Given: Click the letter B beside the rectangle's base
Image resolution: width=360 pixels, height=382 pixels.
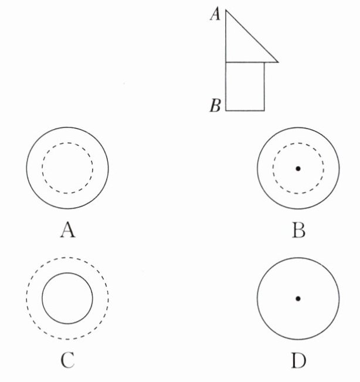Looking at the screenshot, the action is click(215, 106).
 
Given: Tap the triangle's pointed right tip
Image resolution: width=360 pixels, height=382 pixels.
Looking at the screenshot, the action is click(277, 61).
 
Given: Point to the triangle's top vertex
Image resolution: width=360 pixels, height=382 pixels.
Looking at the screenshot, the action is click(226, 9).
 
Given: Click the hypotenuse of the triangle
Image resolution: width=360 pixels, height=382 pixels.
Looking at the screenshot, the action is click(252, 35).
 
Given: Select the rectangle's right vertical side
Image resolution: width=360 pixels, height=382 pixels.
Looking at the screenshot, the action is click(264, 86).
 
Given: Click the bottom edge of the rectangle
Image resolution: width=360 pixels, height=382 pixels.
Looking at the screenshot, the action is click(245, 110).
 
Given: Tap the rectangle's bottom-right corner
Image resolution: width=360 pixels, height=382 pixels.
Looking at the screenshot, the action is click(264, 110).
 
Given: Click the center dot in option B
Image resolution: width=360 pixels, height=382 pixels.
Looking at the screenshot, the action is click(298, 169).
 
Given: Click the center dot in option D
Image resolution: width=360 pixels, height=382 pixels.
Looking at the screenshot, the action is click(298, 299).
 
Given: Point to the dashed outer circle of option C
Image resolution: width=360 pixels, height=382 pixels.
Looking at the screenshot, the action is click(26, 299).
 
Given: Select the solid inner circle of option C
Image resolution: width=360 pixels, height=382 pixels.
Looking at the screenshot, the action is click(43, 299).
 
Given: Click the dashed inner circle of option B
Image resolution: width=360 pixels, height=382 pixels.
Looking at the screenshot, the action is click(273, 169).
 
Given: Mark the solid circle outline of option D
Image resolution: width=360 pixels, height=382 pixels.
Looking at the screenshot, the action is click(257, 299).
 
